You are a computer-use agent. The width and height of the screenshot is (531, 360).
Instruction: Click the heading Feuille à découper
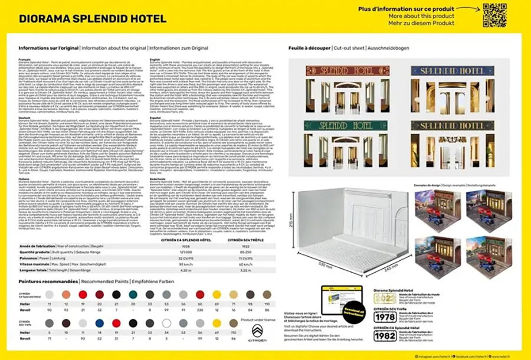[x=309, y=47]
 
